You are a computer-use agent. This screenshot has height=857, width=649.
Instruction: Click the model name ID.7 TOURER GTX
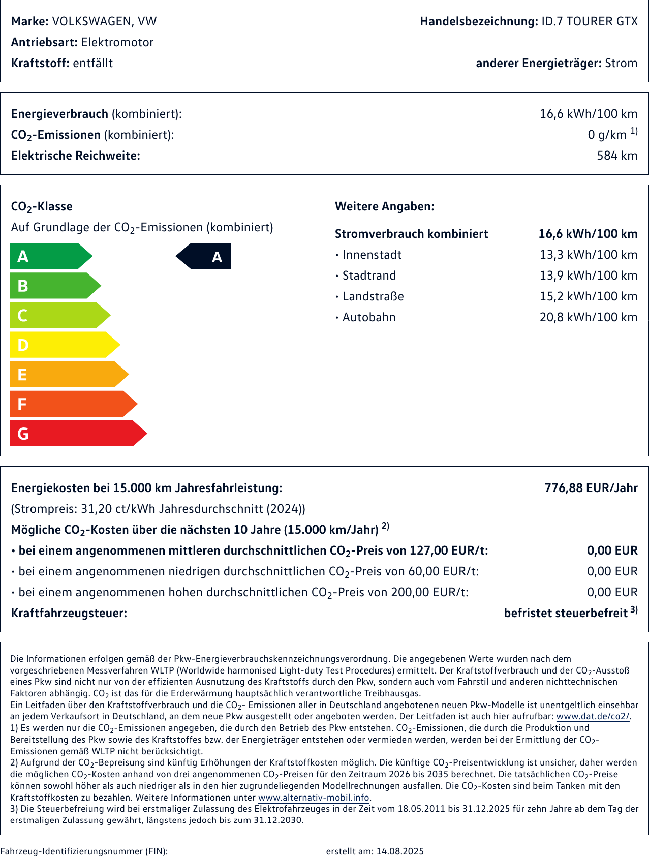[589, 21]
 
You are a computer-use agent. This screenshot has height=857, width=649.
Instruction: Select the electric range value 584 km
[617, 156]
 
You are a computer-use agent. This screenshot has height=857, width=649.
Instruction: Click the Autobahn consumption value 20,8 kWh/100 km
[588, 317]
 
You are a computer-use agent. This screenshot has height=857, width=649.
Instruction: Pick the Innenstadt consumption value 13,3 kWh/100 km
[588, 255]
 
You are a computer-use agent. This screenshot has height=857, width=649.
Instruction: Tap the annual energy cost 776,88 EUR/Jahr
[591, 488]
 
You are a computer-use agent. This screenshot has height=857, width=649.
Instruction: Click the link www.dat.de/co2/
[593, 717]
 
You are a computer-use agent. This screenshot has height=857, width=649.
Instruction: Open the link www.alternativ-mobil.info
[314, 798]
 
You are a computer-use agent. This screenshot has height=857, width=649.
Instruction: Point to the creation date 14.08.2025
[399, 851]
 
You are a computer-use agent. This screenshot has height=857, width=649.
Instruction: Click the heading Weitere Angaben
[385, 206]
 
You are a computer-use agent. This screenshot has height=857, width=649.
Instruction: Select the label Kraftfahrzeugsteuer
[69, 613]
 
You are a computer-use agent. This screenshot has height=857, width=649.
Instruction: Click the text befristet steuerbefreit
[566, 613]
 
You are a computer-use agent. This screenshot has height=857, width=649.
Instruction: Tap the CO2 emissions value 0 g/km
[607, 135]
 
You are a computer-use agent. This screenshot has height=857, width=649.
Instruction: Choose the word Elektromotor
[117, 42]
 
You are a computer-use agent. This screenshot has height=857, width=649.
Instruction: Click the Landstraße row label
[373, 296]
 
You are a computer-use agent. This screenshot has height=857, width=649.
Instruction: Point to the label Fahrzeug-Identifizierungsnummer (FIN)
[84, 851]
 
